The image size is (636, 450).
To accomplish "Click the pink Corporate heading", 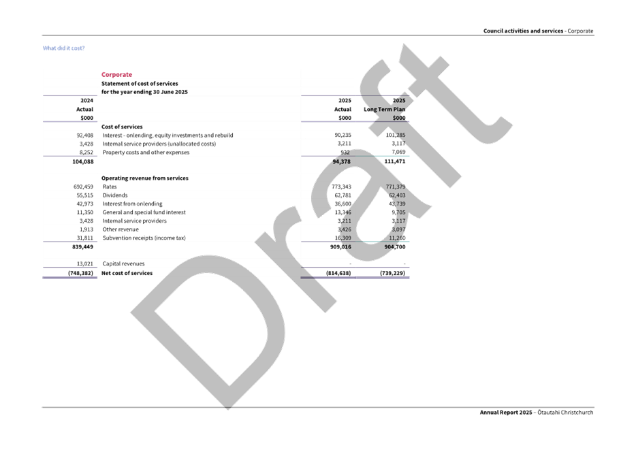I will (116, 74).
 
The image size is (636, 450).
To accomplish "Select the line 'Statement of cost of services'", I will (140, 83).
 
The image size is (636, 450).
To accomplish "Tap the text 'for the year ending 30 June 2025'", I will (144, 91).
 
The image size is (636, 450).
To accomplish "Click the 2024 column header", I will (86, 100).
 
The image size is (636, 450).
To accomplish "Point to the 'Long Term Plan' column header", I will (385, 109).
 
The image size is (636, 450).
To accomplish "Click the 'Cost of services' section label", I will (123, 127).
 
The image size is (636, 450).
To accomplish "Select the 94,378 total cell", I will (340, 161).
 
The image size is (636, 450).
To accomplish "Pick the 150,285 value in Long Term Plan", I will (395, 135).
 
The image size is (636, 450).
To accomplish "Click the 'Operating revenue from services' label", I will (144, 178).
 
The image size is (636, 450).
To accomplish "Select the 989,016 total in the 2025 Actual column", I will (340, 247).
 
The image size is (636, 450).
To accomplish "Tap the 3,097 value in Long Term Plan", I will (398, 229).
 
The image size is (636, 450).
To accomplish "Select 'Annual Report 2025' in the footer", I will (506, 412).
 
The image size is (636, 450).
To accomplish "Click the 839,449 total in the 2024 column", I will (82, 247).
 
